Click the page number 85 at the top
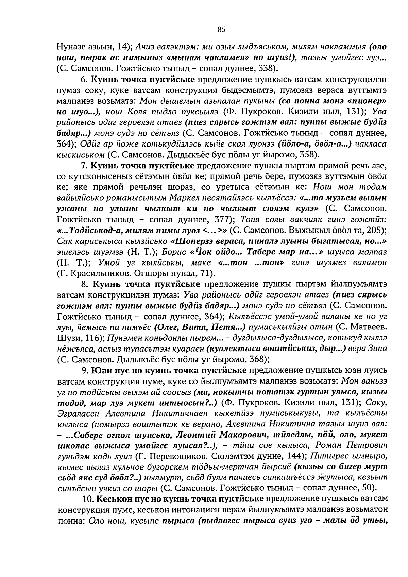[221, 30]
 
